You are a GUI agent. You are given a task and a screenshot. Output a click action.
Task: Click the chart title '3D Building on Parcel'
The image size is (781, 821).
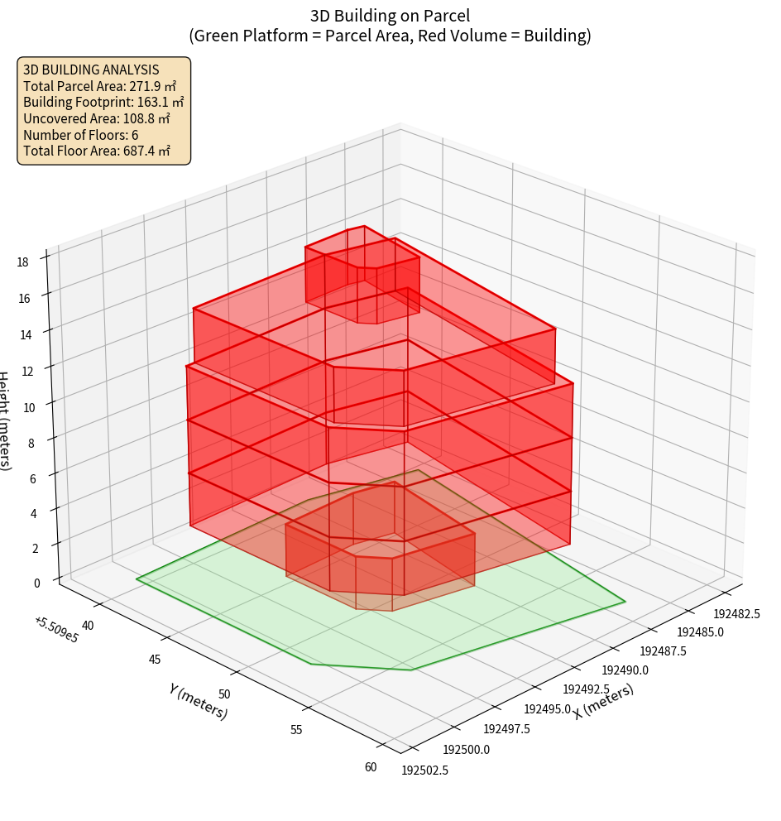[390, 15]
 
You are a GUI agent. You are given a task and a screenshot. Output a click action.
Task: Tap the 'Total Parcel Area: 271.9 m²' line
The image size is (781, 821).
[99, 86]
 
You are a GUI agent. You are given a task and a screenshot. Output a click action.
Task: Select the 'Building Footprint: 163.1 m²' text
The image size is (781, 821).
[103, 102]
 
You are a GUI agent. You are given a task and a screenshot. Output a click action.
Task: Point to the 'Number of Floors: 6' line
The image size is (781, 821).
[81, 135]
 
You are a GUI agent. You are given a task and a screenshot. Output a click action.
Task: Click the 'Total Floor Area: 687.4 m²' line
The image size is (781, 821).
[97, 151]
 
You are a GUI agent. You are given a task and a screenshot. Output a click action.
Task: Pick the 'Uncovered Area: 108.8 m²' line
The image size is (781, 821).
[97, 118]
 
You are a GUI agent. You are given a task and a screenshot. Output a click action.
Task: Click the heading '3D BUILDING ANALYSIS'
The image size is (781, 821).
[91, 70]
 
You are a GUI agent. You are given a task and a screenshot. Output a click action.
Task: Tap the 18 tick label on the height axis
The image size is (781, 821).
[22, 262]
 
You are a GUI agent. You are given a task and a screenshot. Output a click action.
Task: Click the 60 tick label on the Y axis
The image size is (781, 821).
[371, 766]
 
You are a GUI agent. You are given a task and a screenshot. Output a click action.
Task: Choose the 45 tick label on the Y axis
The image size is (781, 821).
[154, 660]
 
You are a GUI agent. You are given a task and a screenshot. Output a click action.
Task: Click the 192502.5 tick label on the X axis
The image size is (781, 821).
[425, 771]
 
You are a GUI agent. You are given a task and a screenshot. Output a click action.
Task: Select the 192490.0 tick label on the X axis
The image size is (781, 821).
[625, 670]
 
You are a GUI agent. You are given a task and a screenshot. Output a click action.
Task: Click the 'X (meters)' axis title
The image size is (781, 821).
[604, 702]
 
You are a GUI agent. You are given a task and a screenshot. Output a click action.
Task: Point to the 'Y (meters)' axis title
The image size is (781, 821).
[198, 701]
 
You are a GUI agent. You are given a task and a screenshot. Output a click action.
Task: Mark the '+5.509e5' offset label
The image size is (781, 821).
[56, 630]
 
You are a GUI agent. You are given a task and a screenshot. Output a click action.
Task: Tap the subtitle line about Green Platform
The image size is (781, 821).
[390, 36]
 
